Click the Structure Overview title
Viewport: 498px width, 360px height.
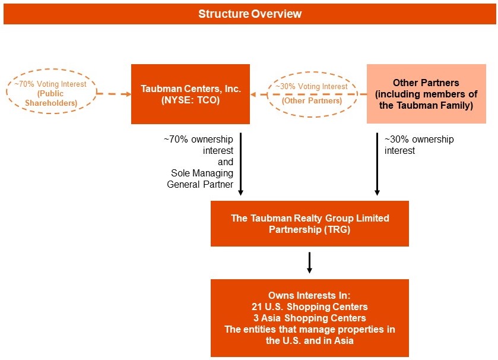[x=249, y=14]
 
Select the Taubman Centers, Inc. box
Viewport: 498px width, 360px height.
[x=190, y=94]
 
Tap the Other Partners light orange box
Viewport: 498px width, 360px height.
[x=426, y=94]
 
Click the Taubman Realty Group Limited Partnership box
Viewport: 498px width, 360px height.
[x=309, y=223]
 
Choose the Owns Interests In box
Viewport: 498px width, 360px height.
[x=309, y=318]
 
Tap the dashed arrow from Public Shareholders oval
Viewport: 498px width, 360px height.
[x=113, y=94]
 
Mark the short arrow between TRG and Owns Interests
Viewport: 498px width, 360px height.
[x=309, y=263]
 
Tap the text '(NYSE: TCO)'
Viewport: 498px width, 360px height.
[x=191, y=100]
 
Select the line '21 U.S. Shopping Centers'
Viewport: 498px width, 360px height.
[x=309, y=307]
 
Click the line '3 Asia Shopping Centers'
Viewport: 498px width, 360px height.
[x=309, y=318]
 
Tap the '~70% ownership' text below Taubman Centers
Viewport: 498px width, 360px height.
[x=198, y=140]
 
